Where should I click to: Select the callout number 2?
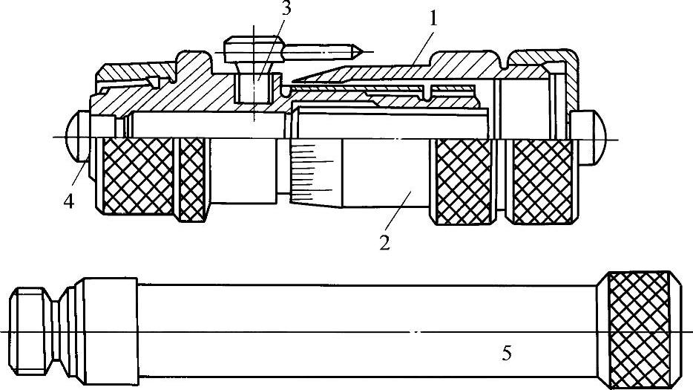pyautogui.click(x=384, y=242)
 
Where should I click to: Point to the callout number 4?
pyautogui.click(x=69, y=202)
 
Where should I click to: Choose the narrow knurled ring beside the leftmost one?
pyautogui.click(x=192, y=180)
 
